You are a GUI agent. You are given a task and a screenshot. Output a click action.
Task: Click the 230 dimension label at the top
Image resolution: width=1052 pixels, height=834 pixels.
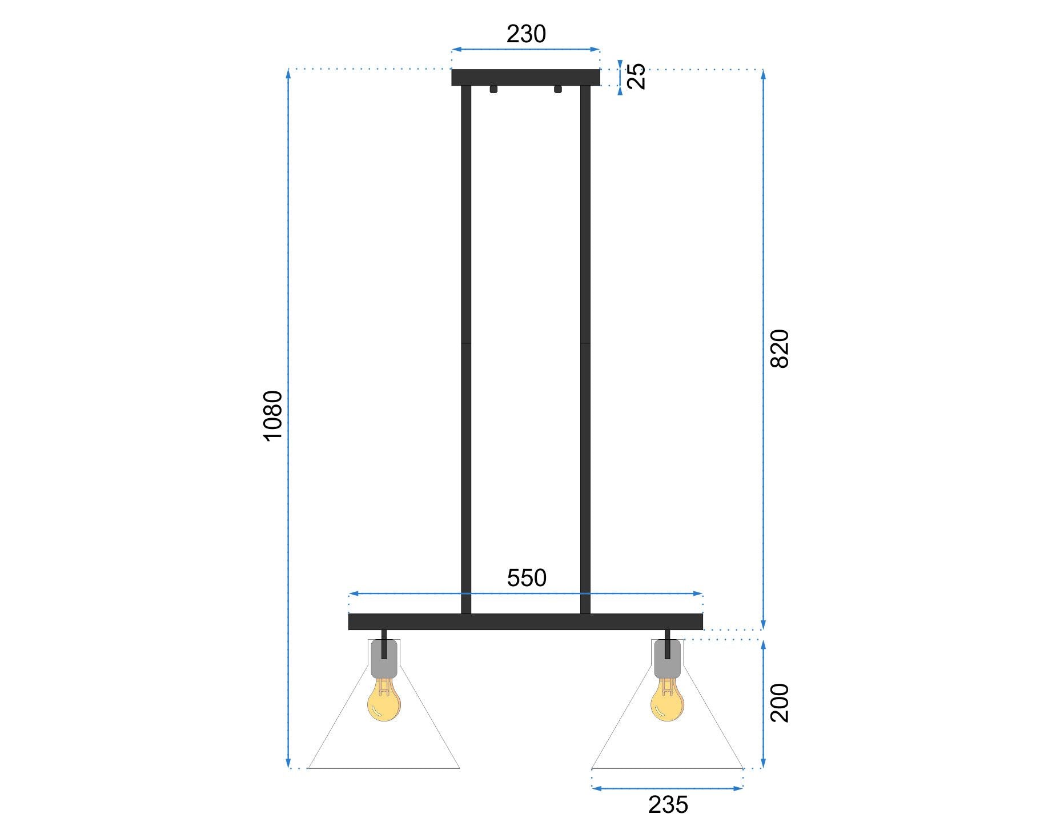pos(526,34)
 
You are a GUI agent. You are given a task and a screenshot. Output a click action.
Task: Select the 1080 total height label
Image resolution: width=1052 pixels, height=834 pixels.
pos(273,415)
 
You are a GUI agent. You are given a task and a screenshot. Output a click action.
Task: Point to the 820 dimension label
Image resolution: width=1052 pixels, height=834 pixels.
pos(780,348)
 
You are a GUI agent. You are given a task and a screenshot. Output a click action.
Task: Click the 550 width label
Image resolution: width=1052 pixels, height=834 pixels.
pos(527,578)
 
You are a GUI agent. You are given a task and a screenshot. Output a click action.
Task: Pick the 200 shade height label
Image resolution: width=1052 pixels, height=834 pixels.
pos(780,703)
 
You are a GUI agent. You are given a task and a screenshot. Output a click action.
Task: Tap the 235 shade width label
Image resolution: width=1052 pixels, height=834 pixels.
pos(668,805)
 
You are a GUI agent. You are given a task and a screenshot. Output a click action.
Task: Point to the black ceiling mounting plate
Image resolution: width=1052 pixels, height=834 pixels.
pos(525,77)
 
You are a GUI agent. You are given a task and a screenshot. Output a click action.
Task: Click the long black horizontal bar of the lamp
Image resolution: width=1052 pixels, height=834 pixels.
pos(525,622)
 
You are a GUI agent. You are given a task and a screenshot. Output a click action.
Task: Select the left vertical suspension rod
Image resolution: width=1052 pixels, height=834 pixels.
pos(466,343)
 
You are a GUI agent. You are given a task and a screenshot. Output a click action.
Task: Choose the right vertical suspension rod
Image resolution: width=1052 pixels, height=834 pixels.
pos(585,343)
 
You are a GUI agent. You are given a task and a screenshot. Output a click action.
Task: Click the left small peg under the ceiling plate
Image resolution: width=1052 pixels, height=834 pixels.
pos(493,89)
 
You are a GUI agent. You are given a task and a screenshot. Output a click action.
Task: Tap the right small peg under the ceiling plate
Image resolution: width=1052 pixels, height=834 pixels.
pos(558,89)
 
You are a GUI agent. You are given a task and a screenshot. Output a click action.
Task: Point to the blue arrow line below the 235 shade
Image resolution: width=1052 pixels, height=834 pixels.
pos(667,788)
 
